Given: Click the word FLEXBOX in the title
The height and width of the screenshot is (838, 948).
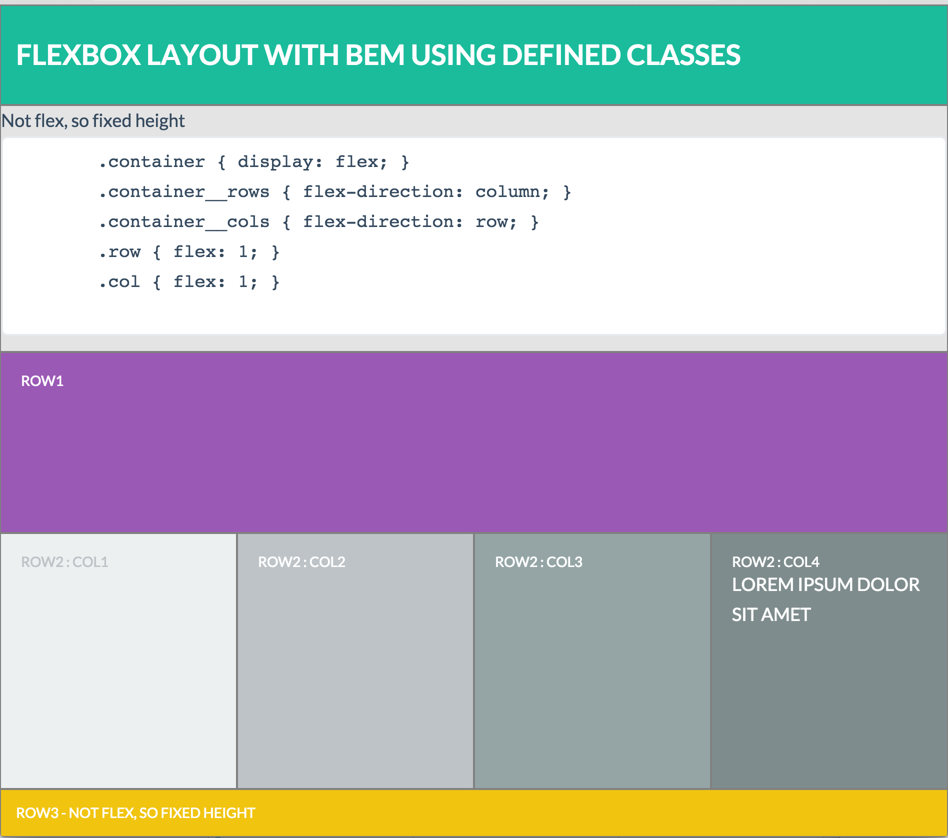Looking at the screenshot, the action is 78,55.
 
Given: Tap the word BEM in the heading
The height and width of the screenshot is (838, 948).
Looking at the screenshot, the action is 374,55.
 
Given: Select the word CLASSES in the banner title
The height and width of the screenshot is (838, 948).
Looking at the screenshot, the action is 683,55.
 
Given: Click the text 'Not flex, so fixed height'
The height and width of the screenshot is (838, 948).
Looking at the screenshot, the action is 93,121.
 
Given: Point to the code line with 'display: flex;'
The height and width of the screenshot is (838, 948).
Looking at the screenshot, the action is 254,162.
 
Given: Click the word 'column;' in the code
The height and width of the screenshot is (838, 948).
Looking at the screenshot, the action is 512,192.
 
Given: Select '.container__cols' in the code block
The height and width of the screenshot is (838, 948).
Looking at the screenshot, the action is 184,222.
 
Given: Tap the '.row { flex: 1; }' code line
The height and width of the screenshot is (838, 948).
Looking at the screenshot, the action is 189,252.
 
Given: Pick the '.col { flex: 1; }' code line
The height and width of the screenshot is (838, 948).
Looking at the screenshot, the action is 189,282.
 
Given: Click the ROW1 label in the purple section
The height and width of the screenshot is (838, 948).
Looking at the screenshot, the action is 42,381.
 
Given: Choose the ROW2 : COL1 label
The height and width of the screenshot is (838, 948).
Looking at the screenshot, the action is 64,562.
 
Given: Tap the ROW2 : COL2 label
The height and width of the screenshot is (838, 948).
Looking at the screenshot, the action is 301,562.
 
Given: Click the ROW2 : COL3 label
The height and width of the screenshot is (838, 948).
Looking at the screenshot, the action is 538,562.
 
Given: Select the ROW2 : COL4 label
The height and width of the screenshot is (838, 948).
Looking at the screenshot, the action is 775,562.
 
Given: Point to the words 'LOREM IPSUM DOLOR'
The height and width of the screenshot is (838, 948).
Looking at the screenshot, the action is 825,584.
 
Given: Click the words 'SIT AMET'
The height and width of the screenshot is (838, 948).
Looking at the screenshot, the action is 771,614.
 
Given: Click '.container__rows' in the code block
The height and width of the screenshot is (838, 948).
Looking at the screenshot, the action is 184,192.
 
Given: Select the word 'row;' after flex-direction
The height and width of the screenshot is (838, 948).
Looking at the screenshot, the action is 496,222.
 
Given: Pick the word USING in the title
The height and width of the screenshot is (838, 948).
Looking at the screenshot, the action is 453,55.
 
